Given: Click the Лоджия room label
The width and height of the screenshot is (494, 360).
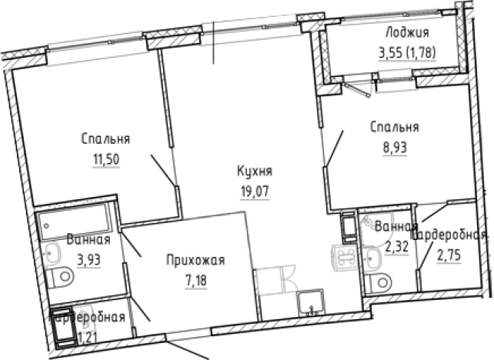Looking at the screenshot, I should click(409, 33).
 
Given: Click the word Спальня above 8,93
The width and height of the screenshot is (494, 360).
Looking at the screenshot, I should click(394, 127).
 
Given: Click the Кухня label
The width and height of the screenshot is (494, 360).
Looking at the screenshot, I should click(255, 171).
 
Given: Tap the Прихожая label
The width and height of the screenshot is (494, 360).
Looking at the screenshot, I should click(195, 261).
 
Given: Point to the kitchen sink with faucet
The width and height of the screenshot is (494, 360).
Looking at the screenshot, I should click(312, 306).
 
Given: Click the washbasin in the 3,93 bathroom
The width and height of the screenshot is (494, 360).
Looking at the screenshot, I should click(54, 252).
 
